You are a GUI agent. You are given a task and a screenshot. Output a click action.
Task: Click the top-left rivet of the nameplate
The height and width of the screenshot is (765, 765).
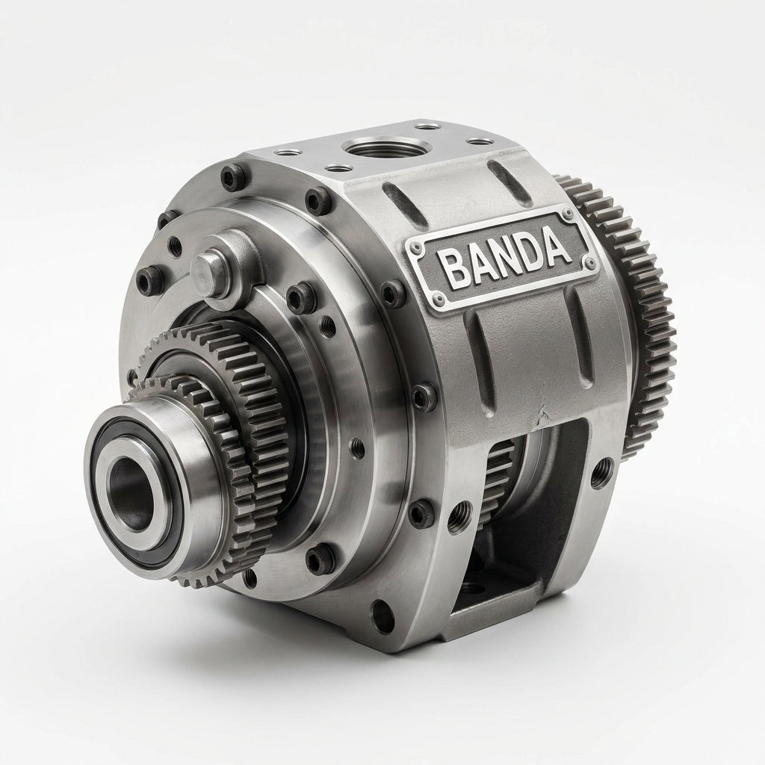click(x=416, y=248)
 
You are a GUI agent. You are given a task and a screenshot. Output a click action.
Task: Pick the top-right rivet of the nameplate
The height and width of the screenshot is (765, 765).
click(x=569, y=213)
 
